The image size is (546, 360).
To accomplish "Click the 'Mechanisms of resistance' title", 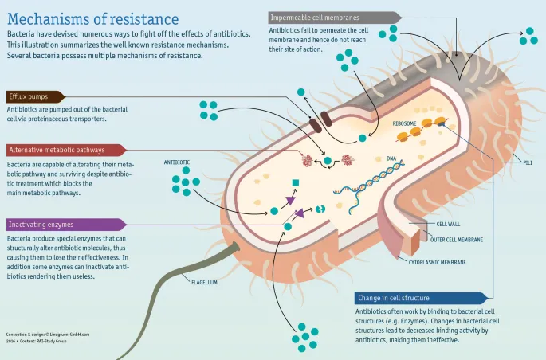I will (x=93, y=18).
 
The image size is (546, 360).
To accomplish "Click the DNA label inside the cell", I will (x=391, y=158).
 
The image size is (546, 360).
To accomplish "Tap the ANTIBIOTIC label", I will (x=177, y=162).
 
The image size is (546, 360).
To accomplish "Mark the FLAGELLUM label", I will (x=206, y=280).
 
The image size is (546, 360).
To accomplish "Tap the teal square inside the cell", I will (x=296, y=184).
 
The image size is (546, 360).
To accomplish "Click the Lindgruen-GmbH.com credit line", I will (x=48, y=335).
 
